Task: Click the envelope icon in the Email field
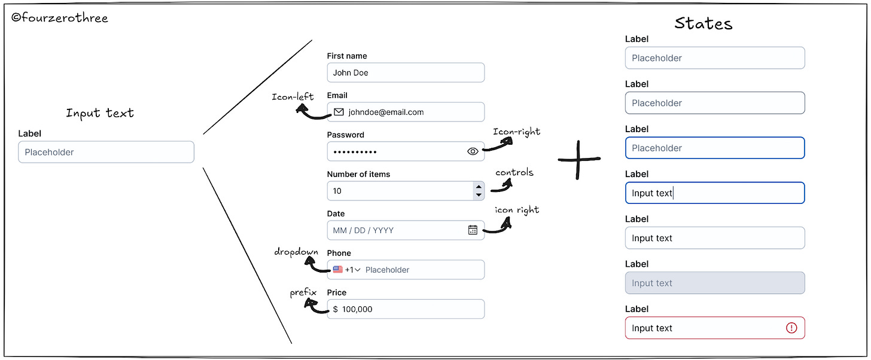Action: click(339, 112)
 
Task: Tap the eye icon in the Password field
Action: click(473, 151)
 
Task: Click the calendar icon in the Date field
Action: click(473, 230)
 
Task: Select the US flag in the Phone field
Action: click(338, 270)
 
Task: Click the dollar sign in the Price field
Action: click(335, 309)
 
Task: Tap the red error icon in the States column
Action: click(791, 328)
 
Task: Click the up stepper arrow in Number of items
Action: click(478, 187)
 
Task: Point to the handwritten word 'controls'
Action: click(514, 173)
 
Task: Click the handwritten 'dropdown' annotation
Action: click(296, 252)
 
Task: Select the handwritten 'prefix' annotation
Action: click(303, 292)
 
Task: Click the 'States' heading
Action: click(703, 23)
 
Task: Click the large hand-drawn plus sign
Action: click(579, 160)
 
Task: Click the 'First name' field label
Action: click(347, 56)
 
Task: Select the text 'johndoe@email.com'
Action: click(386, 112)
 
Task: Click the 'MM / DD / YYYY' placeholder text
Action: click(363, 230)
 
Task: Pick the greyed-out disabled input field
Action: click(714, 283)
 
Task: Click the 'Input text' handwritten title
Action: click(100, 113)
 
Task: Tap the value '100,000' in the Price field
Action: click(357, 309)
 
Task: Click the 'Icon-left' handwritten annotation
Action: click(293, 97)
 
